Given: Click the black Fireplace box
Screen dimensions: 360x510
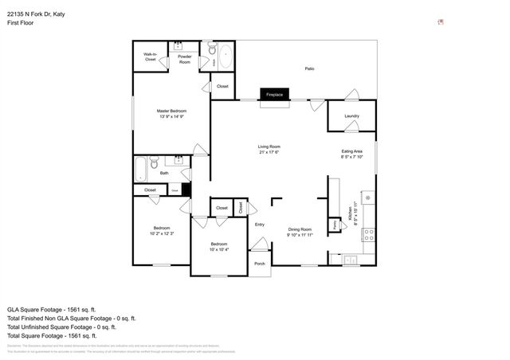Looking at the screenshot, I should pos(274,95).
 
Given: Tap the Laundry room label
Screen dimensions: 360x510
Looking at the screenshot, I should pos(351,116).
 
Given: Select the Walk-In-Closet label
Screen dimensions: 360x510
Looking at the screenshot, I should pos(150,57).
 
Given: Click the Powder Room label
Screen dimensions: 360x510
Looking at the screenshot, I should pos(184,59).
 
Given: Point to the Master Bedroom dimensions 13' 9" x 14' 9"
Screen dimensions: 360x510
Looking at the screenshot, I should pos(171,116).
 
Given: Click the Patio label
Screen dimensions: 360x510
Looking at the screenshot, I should pos(309,69).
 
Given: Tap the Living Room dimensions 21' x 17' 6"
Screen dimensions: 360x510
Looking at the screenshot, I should pos(269,153).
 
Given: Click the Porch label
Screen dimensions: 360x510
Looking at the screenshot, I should pos(259,264).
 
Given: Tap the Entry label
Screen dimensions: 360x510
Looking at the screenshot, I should pos(259,225).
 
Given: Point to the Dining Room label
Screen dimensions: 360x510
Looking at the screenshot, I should pos(300,229).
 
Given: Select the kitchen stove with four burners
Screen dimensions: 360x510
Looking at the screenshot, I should pos(369,234).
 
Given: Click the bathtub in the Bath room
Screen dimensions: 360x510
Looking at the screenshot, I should pos(143,169).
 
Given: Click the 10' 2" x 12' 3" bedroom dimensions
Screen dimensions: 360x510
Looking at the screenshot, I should pos(162,233).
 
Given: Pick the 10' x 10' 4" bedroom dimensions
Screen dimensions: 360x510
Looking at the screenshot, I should pos(219,249).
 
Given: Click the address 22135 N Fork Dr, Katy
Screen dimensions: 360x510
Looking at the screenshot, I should pos(40,12).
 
